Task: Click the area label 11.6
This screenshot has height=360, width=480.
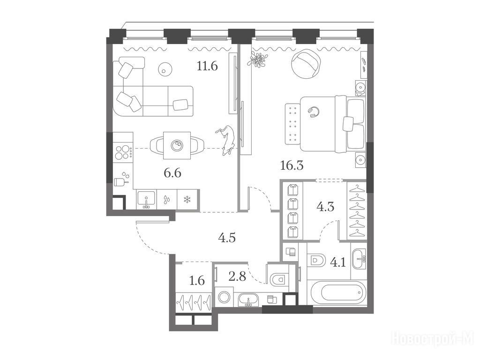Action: point(207,66)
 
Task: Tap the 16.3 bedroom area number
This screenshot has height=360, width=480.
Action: point(292,165)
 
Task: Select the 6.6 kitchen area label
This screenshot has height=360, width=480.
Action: point(172,173)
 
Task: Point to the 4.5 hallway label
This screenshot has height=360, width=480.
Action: point(227,238)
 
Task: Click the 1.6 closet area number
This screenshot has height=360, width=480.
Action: point(197,280)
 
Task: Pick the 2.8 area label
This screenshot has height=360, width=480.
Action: point(237,277)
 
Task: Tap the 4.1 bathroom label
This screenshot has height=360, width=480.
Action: point(337,262)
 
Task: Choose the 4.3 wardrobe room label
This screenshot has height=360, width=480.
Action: point(325,207)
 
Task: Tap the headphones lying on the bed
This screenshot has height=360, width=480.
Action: point(313,112)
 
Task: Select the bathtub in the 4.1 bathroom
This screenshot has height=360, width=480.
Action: point(338,293)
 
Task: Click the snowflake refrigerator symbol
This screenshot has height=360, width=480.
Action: point(187,200)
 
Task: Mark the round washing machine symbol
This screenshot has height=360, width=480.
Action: point(224,297)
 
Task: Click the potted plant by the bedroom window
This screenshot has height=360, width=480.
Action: point(258,60)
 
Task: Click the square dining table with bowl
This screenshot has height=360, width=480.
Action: point(177,145)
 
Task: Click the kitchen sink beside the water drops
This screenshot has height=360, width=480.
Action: point(147,200)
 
